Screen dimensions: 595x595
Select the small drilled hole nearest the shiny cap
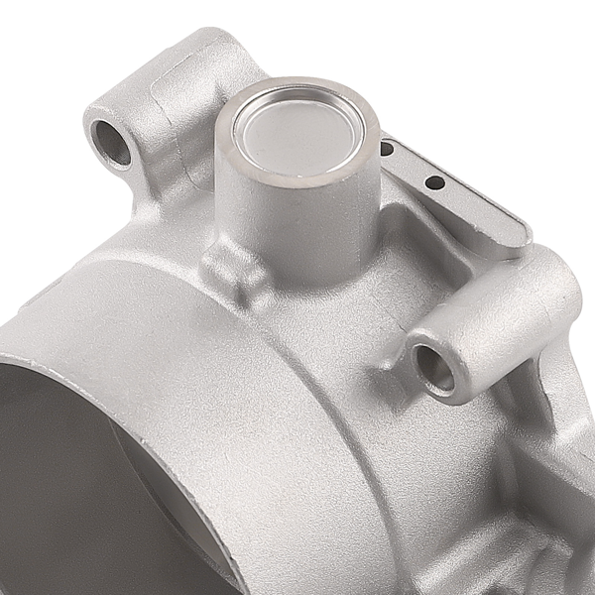pyautogui.click(x=387, y=149)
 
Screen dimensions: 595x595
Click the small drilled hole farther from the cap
pyautogui.click(x=433, y=182)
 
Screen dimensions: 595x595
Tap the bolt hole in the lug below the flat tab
pyautogui.click(x=433, y=367)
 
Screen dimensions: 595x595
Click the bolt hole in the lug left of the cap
pyautogui.click(x=110, y=143)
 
